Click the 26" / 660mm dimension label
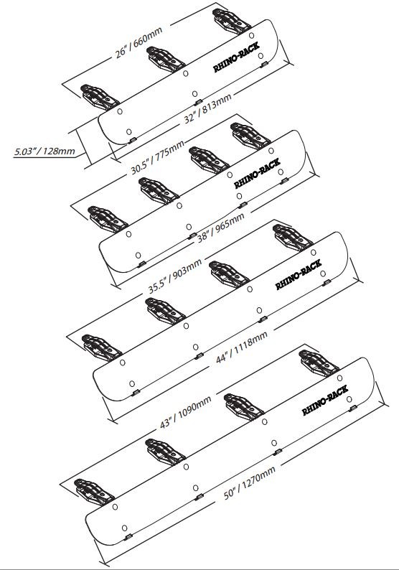(x=139, y=42)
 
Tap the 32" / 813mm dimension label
(x=207, y=108)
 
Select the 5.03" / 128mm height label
(x=44, y=151)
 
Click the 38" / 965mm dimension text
(x=221, y=228)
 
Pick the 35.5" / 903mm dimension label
(x=175, y=276)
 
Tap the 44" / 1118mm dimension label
(x=242, y=347)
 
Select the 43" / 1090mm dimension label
(x=186, y=411)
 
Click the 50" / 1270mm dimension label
(x=249, y=482)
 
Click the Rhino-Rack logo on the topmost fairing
(x=236, y=57)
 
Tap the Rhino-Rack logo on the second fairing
(x=258, y=173)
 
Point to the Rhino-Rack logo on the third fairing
(x=299, y=274)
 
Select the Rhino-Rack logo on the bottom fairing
(x=325, y=401)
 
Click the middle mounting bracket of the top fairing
(x=166, y=60)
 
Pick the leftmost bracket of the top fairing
(x=100, y=97)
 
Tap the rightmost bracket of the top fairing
(x=232, y=21)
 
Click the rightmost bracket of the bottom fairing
(x=319, y=363)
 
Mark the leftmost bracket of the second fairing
(x=108, y=219)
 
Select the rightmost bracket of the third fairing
(x=293, y=238)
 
